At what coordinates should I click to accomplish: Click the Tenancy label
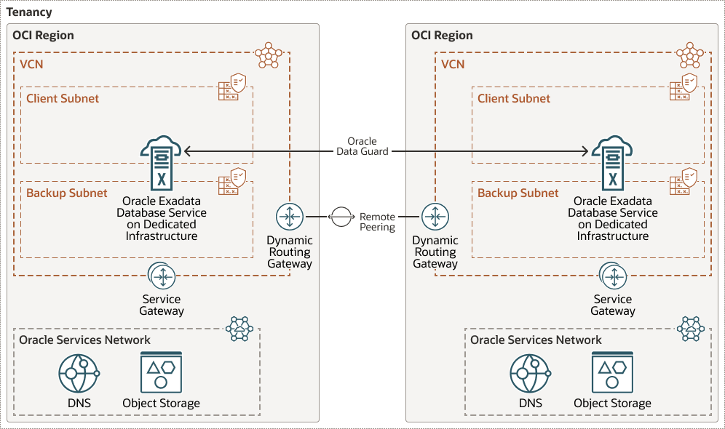pyautogui.click(x=29, y=13)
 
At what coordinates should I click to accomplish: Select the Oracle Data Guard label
pyautogui.click(x=362, y=146)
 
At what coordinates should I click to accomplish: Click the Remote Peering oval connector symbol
pyautogui.click(x=341, y=217)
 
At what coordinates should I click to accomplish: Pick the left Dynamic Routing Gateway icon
pyautogui.click(x=290, y=217)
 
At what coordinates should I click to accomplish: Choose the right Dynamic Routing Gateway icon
pyautogui.click(x=435, y=217)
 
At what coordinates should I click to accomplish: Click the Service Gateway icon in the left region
pyautogui.click(x=162, y=276)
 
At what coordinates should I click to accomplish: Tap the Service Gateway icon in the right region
pyautogui.click(x=613, y=276)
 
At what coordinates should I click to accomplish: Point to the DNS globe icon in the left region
pyautogui.click(x=79, y=374)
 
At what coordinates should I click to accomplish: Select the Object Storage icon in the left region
pyautogui.click(x=161, y=374)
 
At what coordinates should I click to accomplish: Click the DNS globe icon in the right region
pyautogui.click(x=530, y=374)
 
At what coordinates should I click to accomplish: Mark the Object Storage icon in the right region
pyautogui.click(x=612, y=374)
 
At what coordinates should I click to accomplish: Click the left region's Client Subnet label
pyautogui.click(x=63, y=98)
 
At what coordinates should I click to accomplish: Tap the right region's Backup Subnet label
pyautogui.click(x=518, y=193)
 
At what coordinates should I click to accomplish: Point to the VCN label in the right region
pyautogui.click(x=453, y=64)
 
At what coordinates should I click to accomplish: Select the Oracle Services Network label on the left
pyautogui.click(x=84, y=340)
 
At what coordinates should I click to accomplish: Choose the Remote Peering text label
pyautogui.click(x=377, y=222)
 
